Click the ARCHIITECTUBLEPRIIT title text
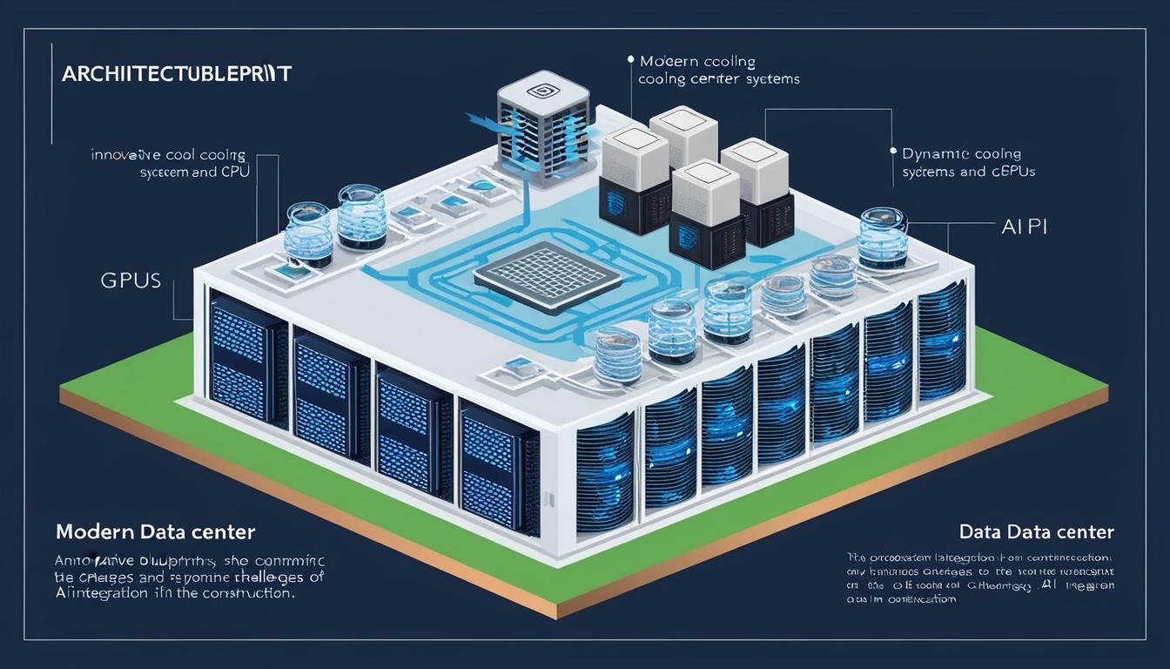[x=177, y=73]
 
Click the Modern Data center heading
[x=155, y=531]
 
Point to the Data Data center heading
[x=1036, y=531]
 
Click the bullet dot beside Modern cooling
[x=629, y=60]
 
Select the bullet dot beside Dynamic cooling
[x=893, y=151]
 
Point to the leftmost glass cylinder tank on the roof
[x=309, y=233]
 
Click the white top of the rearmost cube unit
[x=683, y=121]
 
